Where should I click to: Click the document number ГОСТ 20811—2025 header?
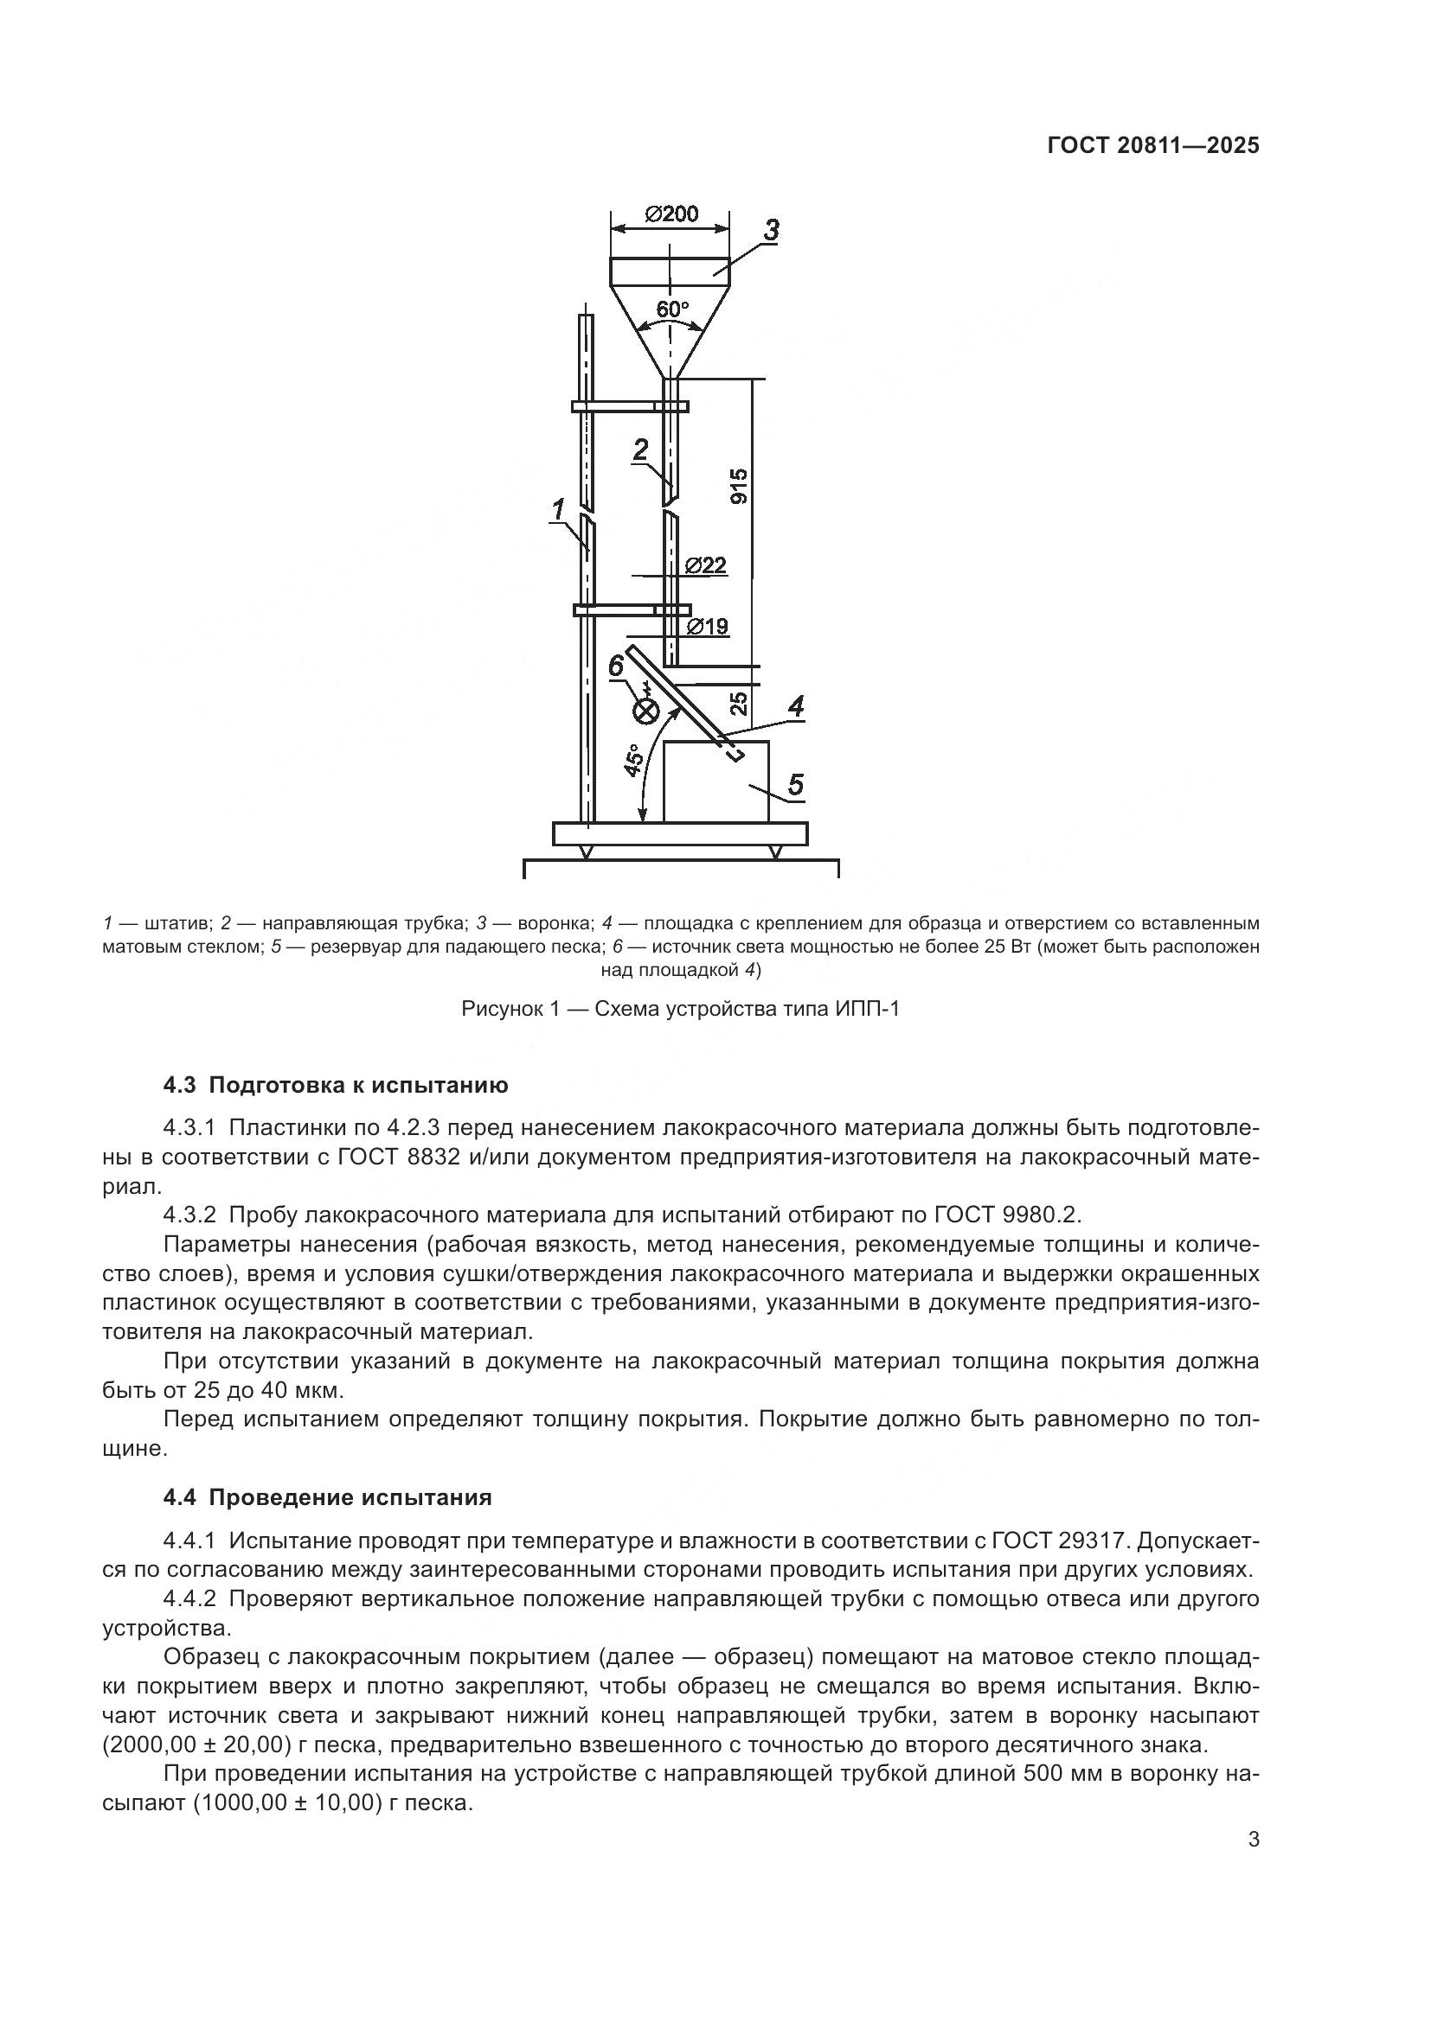point(1152,146)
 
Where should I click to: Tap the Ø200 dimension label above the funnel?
point(671,214)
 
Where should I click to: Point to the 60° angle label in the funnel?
point(672,310)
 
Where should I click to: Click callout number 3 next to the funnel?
point(770,231)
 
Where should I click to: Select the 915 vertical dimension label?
point(739,486)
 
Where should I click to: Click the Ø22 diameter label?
point(706,565)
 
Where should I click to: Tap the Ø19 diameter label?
point(708,626)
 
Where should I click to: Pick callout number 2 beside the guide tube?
point(640,450)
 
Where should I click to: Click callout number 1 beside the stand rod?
point(558,508)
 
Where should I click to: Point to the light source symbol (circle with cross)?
point(647,710)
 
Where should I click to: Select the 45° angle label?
point(632,760)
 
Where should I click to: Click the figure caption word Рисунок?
point(504,1009)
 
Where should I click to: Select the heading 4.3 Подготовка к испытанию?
point(336,1085)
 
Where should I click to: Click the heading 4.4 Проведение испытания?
point(327,1497)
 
